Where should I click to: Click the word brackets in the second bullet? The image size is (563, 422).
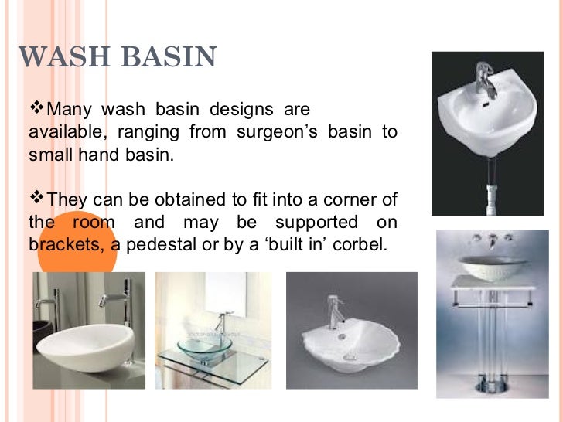click(x=60, y=246)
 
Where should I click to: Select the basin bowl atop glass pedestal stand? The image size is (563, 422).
click(x=489, y=267)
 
